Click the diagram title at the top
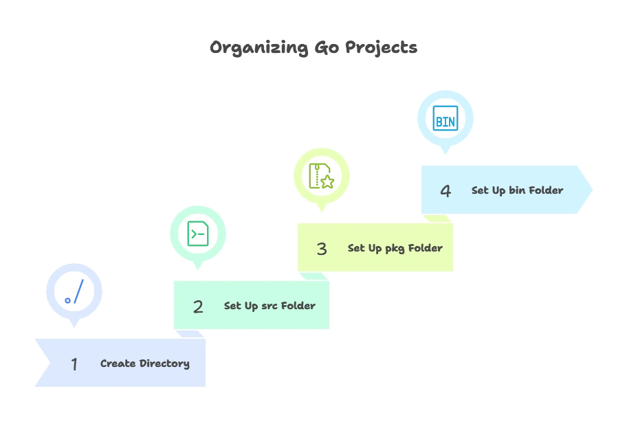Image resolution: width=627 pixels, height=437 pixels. tap(313, 48)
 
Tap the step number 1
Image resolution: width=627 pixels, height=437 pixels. tap(74, 363)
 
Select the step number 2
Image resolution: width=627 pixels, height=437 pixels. tap(198, 306)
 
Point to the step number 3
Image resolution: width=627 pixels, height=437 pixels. tap(322, 249)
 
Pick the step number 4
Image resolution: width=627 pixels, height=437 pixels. tap(445, 191)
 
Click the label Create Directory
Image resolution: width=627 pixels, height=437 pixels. tap(145, 363)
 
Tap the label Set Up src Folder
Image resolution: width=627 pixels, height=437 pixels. tap(269, 306)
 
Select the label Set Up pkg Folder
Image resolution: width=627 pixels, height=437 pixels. tap(395, 248)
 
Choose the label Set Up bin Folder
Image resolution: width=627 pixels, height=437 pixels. tap(517, 190)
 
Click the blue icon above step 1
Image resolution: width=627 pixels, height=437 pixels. tap(74, 291)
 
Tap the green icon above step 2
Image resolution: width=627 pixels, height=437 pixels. tap(198, 234)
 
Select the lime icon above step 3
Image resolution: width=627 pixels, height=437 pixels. tap(322, 175)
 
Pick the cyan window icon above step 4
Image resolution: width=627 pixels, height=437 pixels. tap(445, 118)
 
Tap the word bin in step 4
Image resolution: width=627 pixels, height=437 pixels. tap(517, 190)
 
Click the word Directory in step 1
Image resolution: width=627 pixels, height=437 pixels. tap(164, 363)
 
